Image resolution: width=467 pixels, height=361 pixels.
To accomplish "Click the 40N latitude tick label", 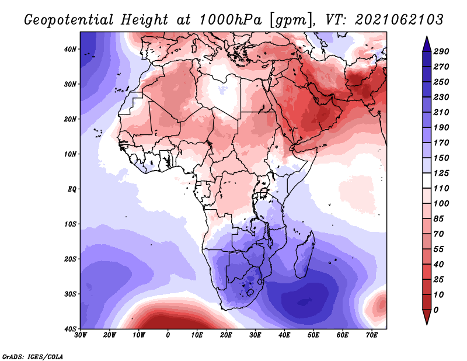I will pos(70,49).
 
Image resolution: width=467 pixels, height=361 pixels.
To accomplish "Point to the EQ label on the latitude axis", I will pos(71,189).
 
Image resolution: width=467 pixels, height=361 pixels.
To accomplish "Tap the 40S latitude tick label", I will pos(70,329).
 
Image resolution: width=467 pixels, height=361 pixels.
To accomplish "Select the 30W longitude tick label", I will pos(81,335).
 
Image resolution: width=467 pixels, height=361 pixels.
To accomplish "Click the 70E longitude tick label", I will pos(372,335).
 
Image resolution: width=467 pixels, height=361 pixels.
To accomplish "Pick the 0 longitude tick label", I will pos(168,335).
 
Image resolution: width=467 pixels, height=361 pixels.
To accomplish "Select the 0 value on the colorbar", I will pos(437,309).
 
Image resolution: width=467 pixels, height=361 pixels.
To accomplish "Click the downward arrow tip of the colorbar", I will pos(426,322).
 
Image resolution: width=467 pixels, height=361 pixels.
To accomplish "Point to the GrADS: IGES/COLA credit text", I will pos(33,356).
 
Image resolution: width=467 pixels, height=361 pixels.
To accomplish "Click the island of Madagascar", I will pos(305,254).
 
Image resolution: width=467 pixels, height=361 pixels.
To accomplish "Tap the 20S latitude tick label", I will pos(70,259).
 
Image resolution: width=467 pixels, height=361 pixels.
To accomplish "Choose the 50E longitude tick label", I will pos(313,335).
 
